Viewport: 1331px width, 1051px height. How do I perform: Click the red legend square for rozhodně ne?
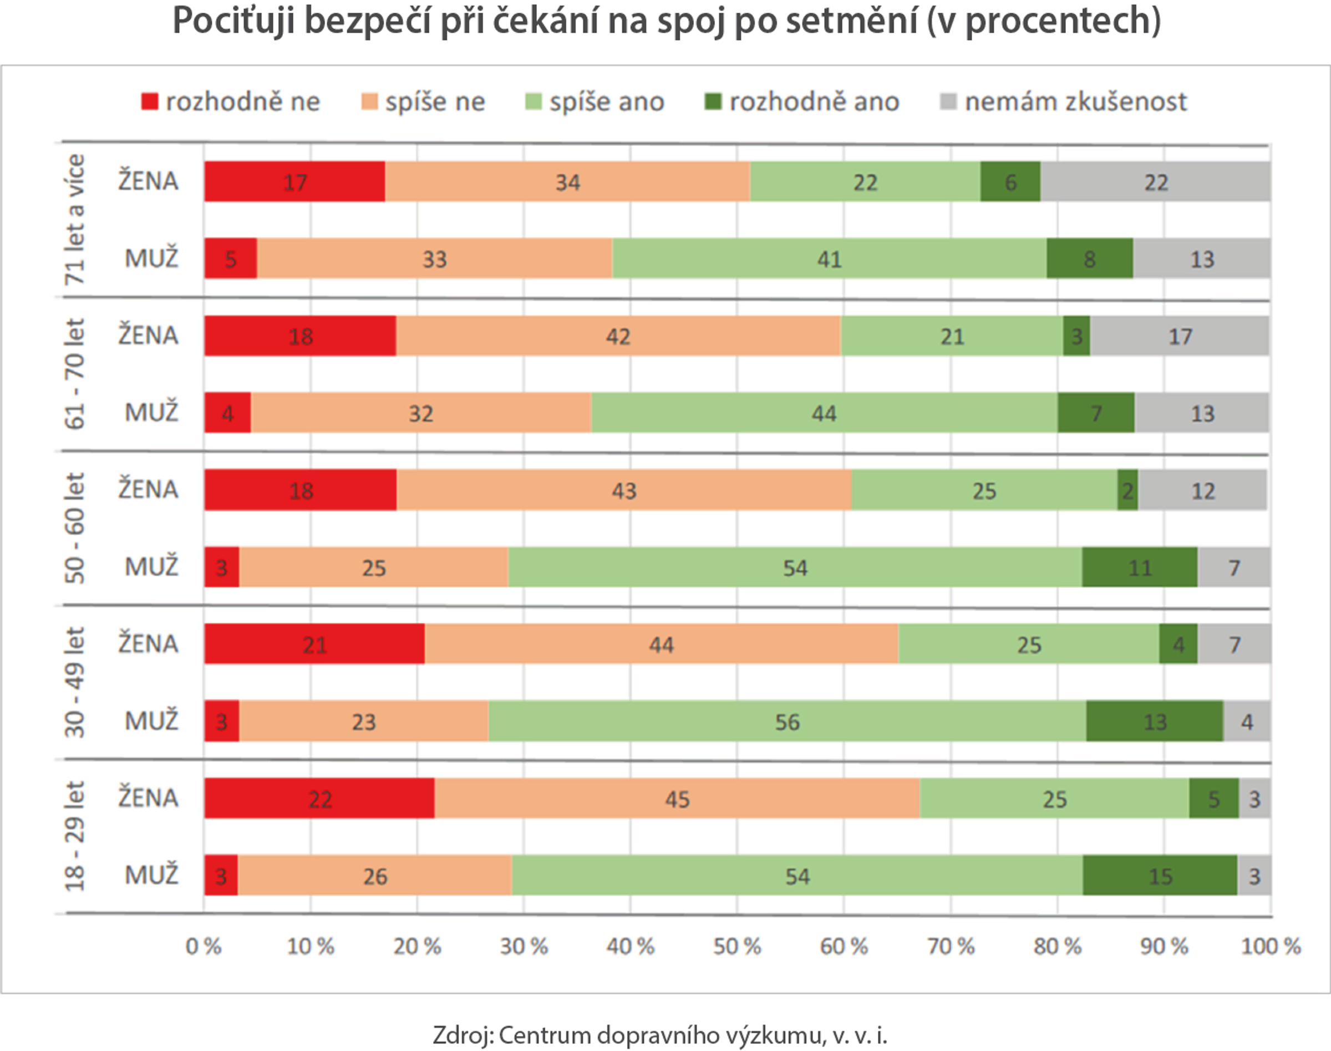[150, 101]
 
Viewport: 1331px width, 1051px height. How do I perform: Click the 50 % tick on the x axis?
[736, 946]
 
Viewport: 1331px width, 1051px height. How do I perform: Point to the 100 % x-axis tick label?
[1270, 946]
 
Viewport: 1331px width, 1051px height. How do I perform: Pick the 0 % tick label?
[204, 946]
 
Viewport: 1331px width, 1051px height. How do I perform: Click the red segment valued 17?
[294, 181]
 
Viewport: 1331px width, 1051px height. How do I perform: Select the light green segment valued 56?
[787, 721]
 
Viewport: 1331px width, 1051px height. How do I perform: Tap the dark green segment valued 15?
[1160, 876]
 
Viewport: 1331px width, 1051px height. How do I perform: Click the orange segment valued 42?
[618, 336]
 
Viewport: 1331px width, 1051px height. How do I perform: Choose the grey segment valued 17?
[1180, 336]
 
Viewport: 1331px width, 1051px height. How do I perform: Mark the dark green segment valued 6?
[1010, 181]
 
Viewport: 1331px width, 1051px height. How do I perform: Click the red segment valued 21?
[314, 644]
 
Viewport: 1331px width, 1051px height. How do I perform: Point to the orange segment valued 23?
[364, 721]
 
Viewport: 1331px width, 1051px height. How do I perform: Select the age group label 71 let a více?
[74, 220]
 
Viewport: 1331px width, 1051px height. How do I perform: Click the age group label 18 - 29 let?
[74, 836]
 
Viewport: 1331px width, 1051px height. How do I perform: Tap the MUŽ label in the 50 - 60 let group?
[151, 567]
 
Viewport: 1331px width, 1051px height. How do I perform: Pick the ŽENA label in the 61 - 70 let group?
[148, 336]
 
